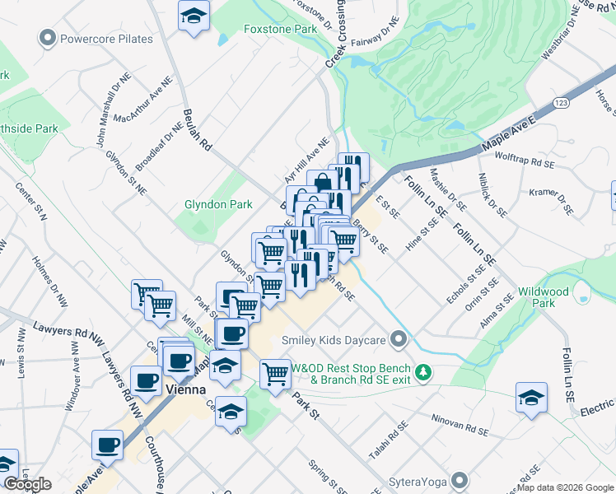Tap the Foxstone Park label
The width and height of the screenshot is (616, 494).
coord(280,29)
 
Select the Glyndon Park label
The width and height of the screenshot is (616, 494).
coord(218,204)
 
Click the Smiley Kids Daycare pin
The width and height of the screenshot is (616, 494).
coord(399,339)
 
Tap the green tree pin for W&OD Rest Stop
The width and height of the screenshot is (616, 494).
coord(423,373)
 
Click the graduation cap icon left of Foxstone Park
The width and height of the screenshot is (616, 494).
coord(194,16)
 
